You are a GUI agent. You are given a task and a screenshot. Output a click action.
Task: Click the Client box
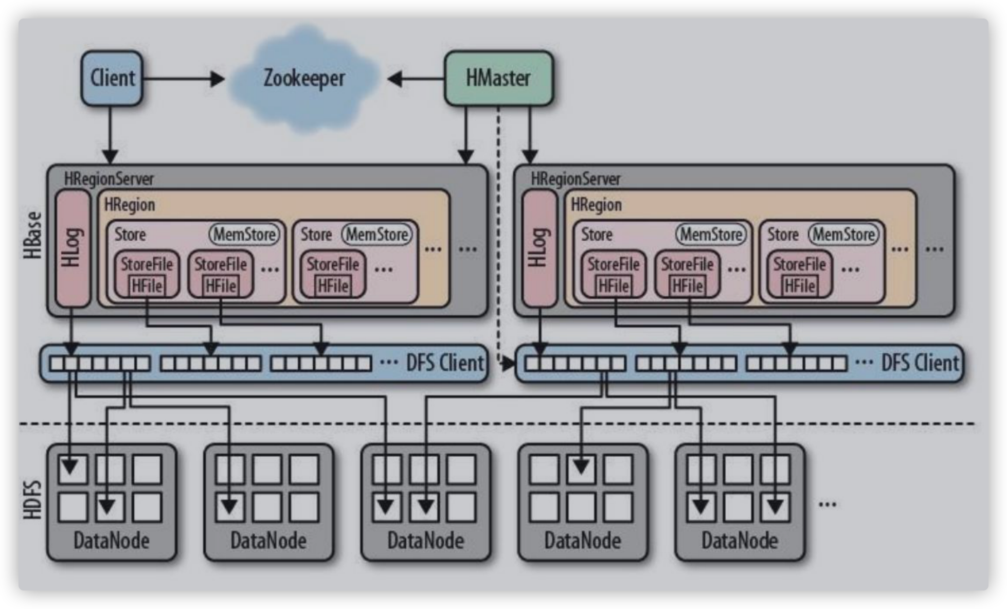click(x=112, y=78)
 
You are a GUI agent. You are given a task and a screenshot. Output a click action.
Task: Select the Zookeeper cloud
click(x=304, y=79)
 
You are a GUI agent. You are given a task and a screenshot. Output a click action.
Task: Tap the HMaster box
click(x=498, y=78)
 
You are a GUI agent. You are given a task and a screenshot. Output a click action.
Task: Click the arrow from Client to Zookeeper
click(x=183, y=79)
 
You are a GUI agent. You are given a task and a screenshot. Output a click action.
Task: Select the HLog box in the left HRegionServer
click(x=73, y=248)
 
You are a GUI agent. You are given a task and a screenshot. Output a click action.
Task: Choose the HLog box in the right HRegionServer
click(x=539, y=248)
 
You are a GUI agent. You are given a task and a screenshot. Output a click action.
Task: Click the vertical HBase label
click(x=33, y=234)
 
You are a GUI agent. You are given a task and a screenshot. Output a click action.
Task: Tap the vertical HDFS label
click(x=33, y=499)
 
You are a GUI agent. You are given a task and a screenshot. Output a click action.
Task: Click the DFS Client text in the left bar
click(x=445, y=363)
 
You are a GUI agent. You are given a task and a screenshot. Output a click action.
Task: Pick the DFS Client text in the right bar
click(x=920, y=363)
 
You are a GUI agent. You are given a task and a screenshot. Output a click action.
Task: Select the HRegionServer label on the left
click(x=109, y=179)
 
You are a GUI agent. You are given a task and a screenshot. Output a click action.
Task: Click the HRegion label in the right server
click(x=597, y=205)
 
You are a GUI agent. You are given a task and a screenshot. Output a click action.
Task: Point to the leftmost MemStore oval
click(x=245, y=235)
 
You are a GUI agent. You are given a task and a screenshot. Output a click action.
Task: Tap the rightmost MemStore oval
click(x=844, y=235)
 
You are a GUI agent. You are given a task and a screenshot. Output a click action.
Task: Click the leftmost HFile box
click(x=147, y=286)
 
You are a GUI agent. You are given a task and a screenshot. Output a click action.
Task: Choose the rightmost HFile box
click(x=800, y=286)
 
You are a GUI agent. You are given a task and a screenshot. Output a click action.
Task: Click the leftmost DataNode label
click(x=112, y=541)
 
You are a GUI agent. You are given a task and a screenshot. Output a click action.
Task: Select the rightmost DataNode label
click(x=740, y=541)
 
